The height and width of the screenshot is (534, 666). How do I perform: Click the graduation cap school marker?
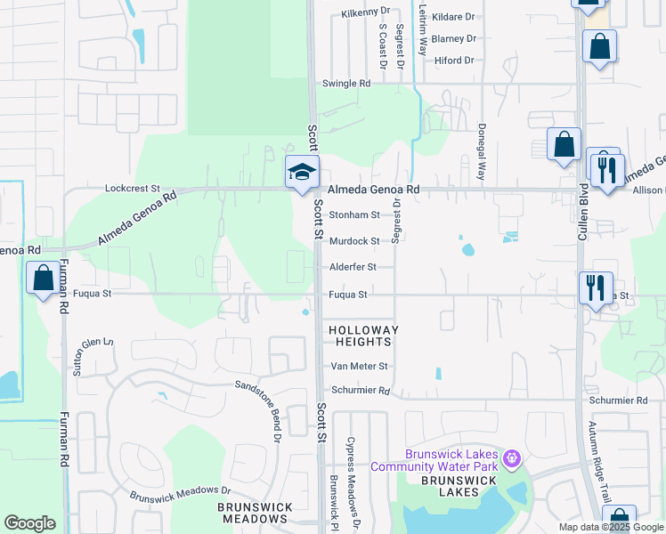point(302,171)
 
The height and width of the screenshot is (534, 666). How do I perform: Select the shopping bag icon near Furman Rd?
point(43,279)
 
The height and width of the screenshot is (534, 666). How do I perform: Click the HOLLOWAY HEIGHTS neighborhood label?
point(360,336)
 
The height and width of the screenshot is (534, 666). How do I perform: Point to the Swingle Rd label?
point(346,84)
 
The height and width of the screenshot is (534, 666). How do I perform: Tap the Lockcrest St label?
point(132,189)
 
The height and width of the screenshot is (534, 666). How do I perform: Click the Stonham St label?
point(354,214)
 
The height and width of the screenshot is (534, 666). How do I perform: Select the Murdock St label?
point(354,240)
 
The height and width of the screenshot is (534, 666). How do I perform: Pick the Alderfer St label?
point(353,267)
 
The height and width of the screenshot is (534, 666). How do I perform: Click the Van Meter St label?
point(360,366)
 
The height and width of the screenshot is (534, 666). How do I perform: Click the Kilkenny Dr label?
point(366,14)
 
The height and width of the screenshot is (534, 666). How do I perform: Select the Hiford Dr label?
point(454,60)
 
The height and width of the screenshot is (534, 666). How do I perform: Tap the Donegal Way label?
point(481,152)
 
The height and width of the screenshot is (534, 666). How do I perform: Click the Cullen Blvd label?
point(584,211)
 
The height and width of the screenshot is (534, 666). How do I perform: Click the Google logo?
point(30,523)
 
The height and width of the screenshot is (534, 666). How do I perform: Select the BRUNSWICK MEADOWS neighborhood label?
point(255,513)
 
